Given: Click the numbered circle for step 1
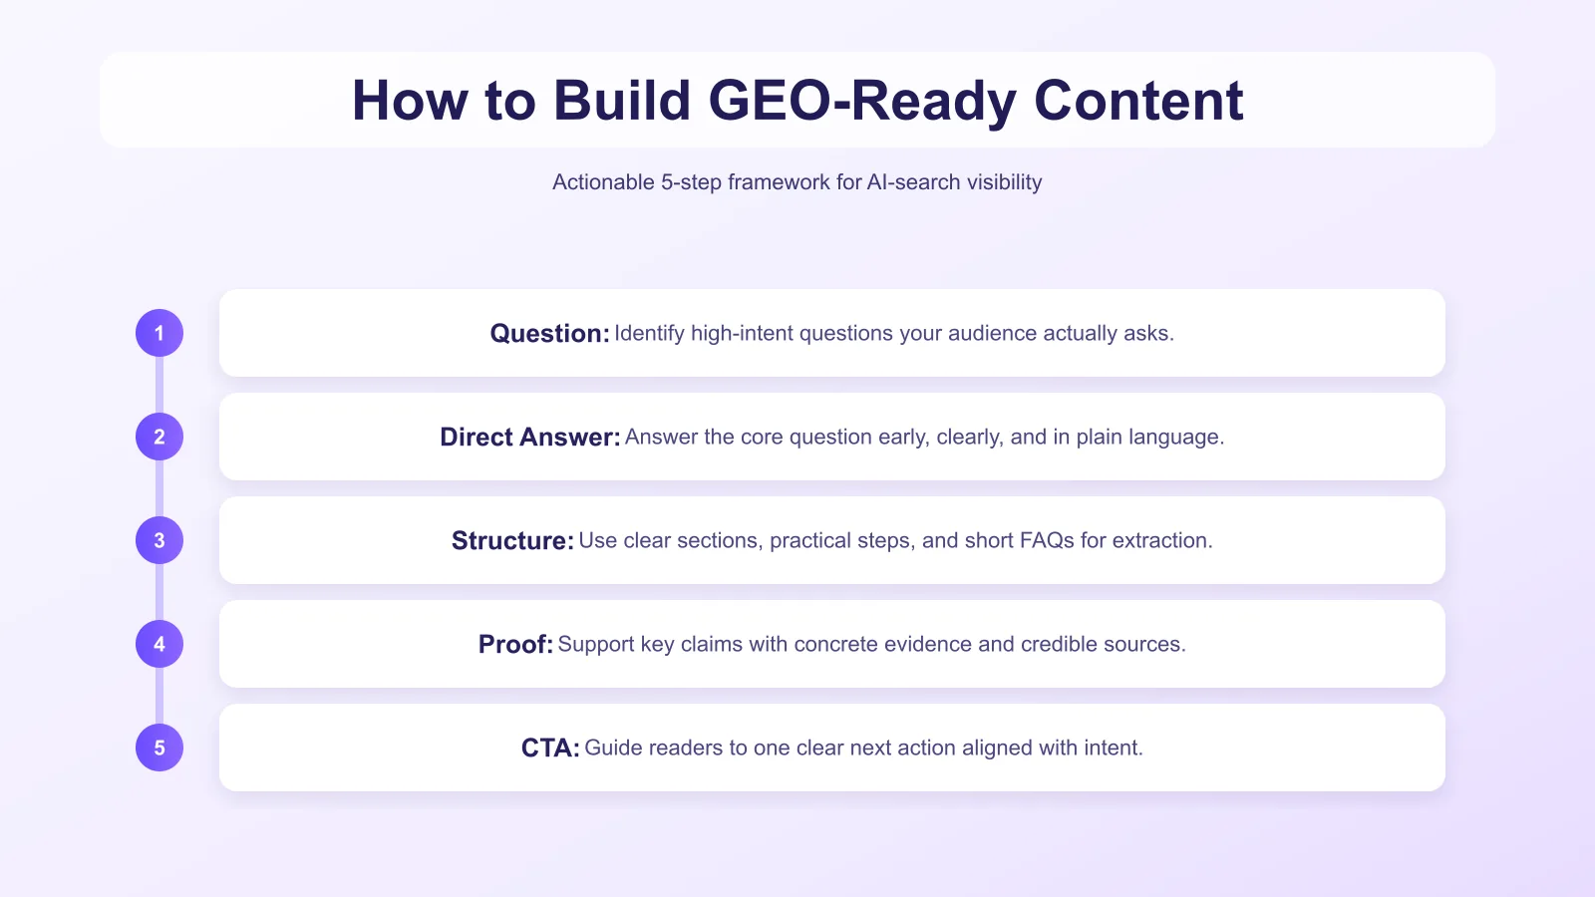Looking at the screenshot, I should point(159,333).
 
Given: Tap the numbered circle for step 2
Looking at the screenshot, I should point(159,437).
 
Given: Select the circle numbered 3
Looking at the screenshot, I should point(159,540).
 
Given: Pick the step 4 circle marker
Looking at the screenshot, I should point(159,644).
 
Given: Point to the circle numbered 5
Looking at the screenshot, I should point(159,747).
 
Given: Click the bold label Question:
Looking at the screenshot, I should point(549,334).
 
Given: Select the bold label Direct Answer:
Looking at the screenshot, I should point(529,438).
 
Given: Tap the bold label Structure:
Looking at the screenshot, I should point(512,541).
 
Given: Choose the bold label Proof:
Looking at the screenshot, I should point(514,645).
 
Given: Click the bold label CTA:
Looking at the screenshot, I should point(549,748).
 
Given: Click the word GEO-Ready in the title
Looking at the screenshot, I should point(861,101).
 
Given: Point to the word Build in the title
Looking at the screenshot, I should point(622,101).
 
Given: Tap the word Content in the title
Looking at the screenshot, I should point(1138,101).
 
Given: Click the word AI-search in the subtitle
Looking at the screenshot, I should point(914,182).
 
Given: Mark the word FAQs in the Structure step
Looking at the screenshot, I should point(1047,540).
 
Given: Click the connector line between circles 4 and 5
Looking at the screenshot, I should point(159,696).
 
